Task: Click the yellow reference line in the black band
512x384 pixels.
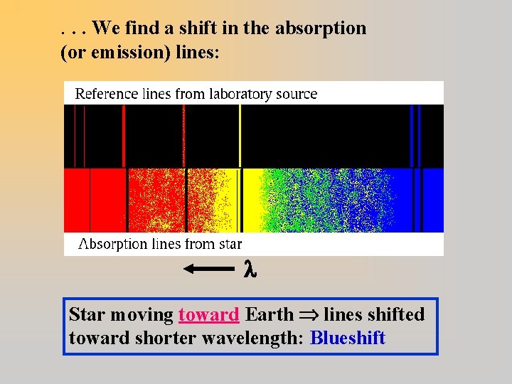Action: (x=240, y=135)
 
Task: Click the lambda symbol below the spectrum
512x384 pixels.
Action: (x=249, y=269)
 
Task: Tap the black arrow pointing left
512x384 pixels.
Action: (x=208, y=269)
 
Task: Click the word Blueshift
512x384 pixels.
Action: (x=348, y=338)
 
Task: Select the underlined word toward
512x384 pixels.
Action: (x=208, y=314)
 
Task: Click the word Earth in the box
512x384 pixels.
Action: (x=268, y=314)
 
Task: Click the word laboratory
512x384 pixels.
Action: (x=242, y=94)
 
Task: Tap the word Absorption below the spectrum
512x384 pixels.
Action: (x=113, y=244)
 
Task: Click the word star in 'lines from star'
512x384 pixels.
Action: (x=228, y=244)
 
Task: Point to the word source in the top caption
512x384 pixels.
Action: (x=299, y=94)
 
